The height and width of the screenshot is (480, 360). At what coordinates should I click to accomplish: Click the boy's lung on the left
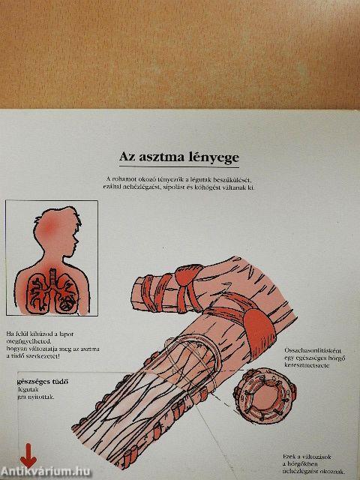(x=40, y=292)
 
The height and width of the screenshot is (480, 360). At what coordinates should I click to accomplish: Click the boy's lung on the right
(x=67, y=292)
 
